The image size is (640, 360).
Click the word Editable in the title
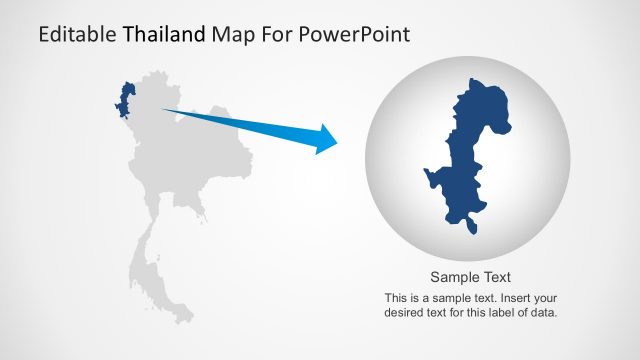pyautogui.click(x=77, y=37)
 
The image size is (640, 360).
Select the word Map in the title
pyautogui.click(x=231, y=37)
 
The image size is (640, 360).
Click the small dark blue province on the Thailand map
pyautogui.click(x=126, y=99)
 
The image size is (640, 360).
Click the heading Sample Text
pyautogui.click(x=471, y=278)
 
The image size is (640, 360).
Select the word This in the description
pyautogui.click(x=397, y=298)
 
